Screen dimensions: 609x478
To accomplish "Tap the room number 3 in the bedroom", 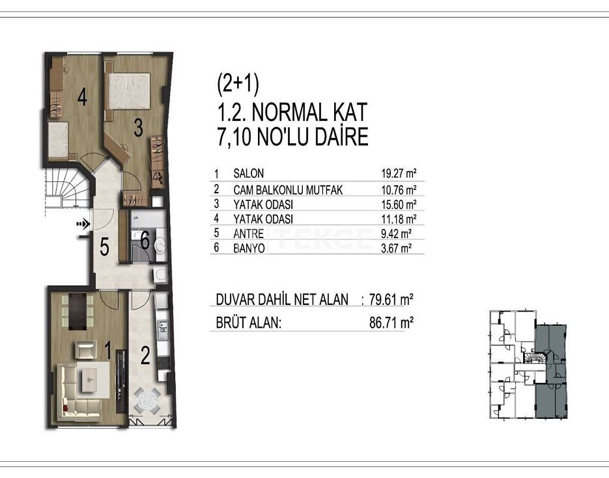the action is (x=138, y=127).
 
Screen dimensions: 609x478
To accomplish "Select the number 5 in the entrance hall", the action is (x=104, y=246).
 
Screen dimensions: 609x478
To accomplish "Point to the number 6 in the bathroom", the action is (x=145, y=241).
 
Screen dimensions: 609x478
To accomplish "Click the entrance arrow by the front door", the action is (x=83, y=223).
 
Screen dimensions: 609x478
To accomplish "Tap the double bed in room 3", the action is (x=130, y=90).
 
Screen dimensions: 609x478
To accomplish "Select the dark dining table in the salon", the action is (x=78, y=312).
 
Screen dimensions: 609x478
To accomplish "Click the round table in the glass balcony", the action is (x=147, y=401).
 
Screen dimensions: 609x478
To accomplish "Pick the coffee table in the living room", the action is (x=91, y=376).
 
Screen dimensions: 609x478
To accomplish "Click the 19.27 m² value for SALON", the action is (x=399, y=173).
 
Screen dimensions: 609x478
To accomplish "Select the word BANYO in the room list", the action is (x=249, y=248).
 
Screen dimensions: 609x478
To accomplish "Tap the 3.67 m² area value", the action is (x=396, y=248).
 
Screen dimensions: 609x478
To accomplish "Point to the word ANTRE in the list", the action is (x=249, y=233).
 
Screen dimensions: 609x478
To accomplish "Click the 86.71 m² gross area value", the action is (x=391, y=322).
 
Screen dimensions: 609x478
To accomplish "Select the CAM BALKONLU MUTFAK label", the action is (x=288, y=190).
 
